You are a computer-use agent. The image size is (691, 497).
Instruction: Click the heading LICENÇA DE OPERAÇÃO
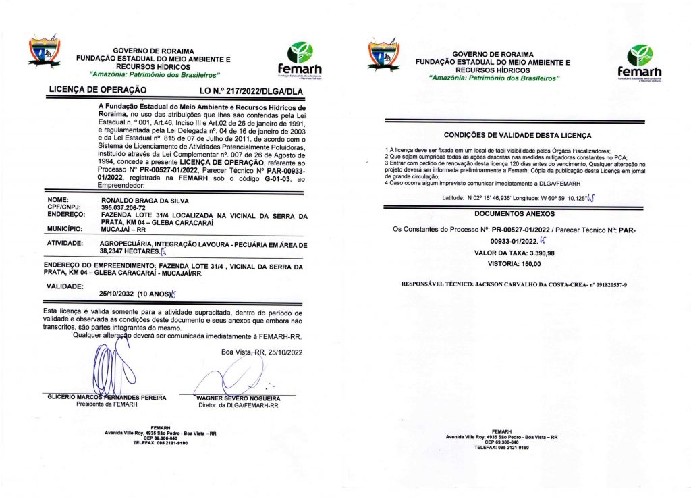coord(98,89)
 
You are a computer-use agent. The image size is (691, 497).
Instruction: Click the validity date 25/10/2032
coord(117,294)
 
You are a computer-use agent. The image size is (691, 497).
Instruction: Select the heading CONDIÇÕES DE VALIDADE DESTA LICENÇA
coord(517,135)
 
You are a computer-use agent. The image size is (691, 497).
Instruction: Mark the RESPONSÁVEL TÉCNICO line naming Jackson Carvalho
coord(514,284)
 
